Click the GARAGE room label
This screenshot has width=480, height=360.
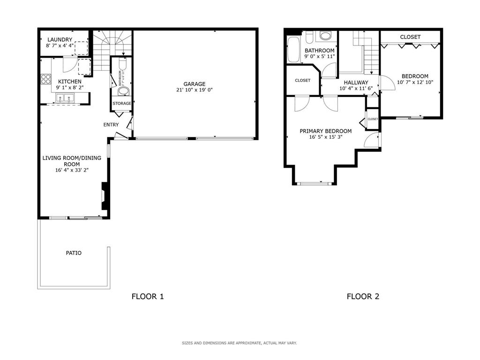194,84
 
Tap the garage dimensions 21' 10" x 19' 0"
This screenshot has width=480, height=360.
194,90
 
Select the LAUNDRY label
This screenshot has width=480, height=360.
60,40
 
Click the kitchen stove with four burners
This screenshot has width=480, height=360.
46,79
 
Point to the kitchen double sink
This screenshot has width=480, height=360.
65,98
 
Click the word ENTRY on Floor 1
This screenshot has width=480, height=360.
111,125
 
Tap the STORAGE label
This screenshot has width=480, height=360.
122,104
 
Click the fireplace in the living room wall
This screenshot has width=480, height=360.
105,196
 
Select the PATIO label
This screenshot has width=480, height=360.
74,253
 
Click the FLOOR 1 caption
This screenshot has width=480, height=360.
148,296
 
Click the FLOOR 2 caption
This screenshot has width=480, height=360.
363,296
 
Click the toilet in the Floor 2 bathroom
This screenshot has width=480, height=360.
325,36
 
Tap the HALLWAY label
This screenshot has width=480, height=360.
356,82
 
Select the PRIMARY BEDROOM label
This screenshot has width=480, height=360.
325,131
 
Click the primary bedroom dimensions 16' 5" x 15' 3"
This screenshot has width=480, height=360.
325,137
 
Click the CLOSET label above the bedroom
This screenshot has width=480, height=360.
410,37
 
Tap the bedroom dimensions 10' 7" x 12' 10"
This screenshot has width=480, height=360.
415,82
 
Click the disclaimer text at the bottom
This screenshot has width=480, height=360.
240,343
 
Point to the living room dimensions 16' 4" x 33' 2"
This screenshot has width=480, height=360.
72,170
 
